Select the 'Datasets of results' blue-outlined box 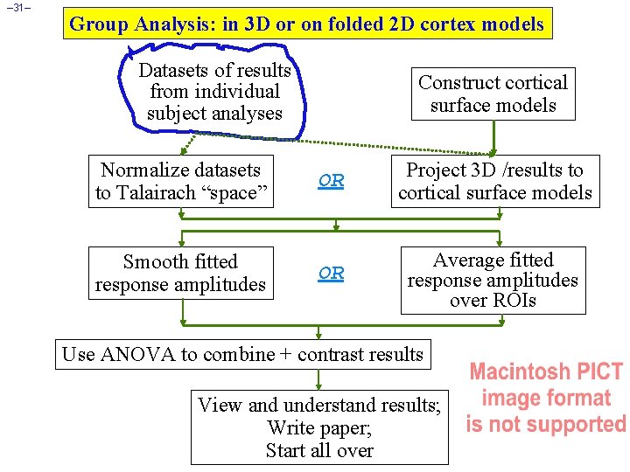(215, 91)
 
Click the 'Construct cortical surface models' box (493, 94)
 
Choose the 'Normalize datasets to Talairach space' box (180, 182)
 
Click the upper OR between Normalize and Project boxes (332, 181)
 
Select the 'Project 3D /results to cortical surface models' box (495, 182)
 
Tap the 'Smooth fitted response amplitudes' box (180, 274)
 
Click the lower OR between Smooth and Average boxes (332, 273)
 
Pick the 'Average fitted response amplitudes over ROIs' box (493, 281)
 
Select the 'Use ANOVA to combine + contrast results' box (243, 355)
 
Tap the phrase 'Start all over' (319, 451)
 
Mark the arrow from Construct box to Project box (494, 138)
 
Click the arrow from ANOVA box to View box (319, 378)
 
